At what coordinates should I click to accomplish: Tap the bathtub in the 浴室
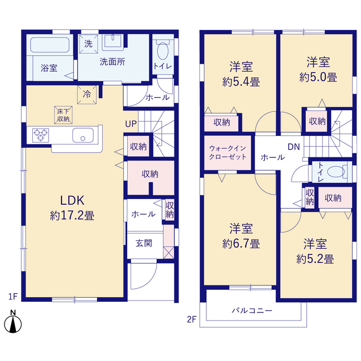pyautogui.click(x=50, y=45)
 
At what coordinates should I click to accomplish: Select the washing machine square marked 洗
pyautogui.click(x=89, y=44)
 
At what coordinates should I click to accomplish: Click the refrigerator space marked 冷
pyautogui.click(x=87, y=94)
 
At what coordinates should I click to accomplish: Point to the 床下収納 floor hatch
pyautogui.click(x=63, y=115)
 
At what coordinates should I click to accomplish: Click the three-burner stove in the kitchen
pyautogui.click(x=41, y=135)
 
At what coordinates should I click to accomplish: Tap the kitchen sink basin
pyautogui.click(x=83, y=135)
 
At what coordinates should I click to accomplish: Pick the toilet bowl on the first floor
pyautogui.click(x=163, y=50)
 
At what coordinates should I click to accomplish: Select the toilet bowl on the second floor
pyautogui.click(x=336, y=171)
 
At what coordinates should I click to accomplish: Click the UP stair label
pyautogui.click(x=131, y=124)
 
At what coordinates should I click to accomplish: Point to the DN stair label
pyautogui.click(x=294, y=147)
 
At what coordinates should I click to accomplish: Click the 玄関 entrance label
pyautogui.click(x=144, y=243)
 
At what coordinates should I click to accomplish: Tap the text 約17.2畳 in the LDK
pyautogui.click(x=72, y=215)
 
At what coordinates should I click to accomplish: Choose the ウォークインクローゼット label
pyautogui.click(x=228, y=153)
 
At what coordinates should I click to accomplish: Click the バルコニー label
pyautogui.click(x=252, y=311)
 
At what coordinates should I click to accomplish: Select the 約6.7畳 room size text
pyautogui.click(x=241, y=244)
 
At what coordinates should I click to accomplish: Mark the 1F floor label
pyautogui.click(x=13, y=297)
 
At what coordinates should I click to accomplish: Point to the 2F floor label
pyautogui.click(x=192, y=319)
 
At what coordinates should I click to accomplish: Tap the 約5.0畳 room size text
pyautogui.click(x=318, y=77)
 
